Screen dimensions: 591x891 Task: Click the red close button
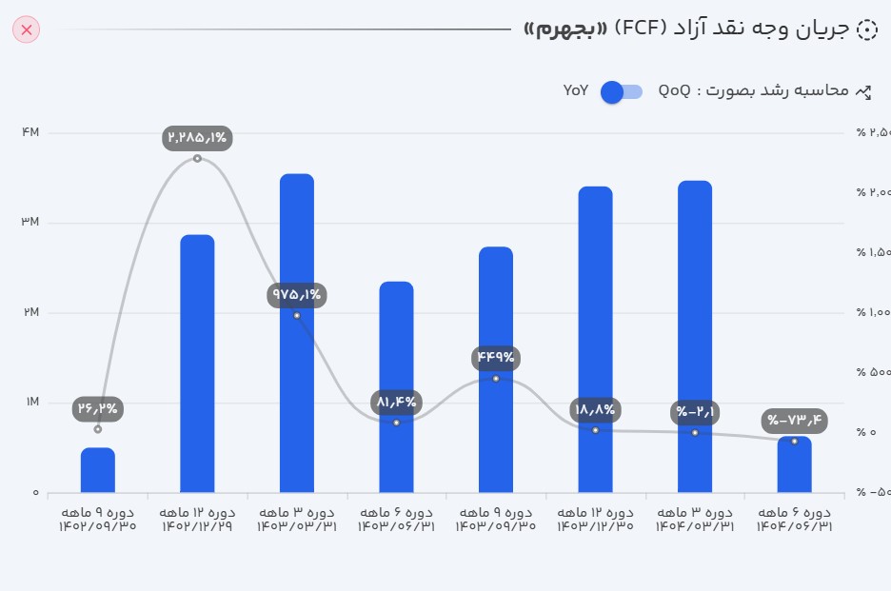[27, 30]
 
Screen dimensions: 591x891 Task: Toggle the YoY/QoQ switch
[622, 91]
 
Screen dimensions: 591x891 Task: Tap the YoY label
[576, 91]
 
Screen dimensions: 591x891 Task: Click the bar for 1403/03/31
[297, 332]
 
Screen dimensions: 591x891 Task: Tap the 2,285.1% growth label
[197, 138]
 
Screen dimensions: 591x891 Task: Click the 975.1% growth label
[297, 294]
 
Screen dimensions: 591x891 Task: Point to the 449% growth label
[496, 358]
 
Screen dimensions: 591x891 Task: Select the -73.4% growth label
[795, 421]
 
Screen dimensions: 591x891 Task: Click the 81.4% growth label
[396, 402]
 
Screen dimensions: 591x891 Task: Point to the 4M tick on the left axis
[30, 132]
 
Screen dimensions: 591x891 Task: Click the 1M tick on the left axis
[30, 403]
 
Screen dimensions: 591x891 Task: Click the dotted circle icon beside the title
[866, 30]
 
